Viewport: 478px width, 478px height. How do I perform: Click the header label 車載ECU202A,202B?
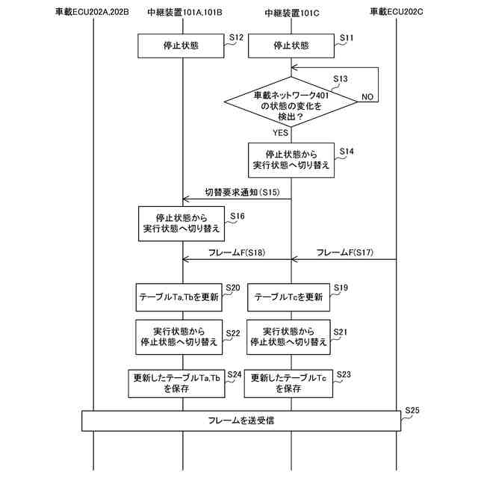(x=93, y=13)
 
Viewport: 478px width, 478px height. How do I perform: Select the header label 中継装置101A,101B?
(x=183, y=13)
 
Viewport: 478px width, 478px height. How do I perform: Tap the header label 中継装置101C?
(x=291, y=13)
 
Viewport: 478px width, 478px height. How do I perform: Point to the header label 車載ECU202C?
(x=396, y=13)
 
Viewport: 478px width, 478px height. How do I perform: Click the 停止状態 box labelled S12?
(x=181, y=46)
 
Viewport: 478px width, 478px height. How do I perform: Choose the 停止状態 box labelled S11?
(x=291, y=46)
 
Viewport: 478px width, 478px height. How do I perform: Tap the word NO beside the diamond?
(x=367, y=97)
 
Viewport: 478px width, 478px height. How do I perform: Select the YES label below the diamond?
(x=280, y=133)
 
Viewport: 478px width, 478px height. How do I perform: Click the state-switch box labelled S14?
(x=291, y=161)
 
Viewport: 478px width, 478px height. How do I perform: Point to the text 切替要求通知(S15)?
(x=242, y=192)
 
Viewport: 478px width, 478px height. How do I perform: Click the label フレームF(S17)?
(x=345, y=252)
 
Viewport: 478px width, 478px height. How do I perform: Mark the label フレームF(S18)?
(x=237, y=252)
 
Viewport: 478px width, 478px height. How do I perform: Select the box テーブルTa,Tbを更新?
(x=179, y=297)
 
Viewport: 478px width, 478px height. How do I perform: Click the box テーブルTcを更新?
(x=289, y=297)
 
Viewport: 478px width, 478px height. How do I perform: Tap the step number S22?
(x=233, y=333)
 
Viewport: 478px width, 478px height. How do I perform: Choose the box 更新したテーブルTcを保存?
(x=288, y=383)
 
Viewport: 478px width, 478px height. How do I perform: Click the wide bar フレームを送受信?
(x=240, y=420)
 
